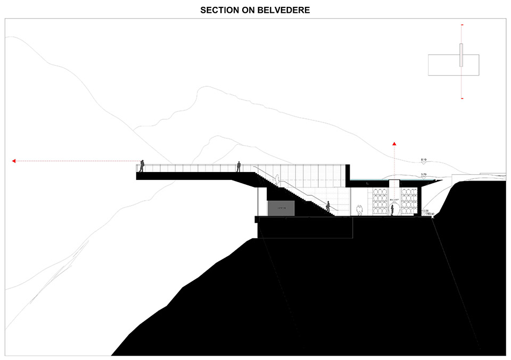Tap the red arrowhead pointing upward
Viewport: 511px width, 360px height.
pyautogui.click(x=394, y=144)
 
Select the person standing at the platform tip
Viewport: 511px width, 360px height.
pyautogui.click(x=142, y=166)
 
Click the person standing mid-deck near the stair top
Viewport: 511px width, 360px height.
pyautogui.click(x=239, y=166)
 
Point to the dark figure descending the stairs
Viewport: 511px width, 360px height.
pyautogui.click(x=328, y=206)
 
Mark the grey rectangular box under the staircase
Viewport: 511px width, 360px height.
pyautogui.click(x=281, y=209)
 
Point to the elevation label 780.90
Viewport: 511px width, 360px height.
pyautogui.click(x=428, y=214)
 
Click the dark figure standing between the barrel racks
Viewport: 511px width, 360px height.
pyautogui.click(x=393, y=209)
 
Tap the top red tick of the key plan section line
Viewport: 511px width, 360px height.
pyautogui.click(x=461, y=25)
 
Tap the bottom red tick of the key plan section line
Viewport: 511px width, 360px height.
pyautogui.click(x=461, y=99)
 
